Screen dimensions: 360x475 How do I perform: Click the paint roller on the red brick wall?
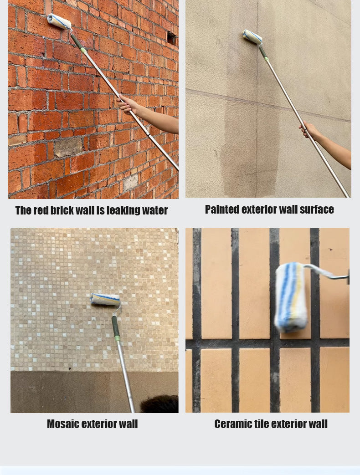click(x=59, y=21)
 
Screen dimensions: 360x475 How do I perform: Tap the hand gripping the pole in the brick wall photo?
click(x=127, y=104)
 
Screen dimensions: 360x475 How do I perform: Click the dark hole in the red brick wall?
click(x=171, y=38)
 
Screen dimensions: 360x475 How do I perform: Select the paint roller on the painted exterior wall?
click(x=252, y=36)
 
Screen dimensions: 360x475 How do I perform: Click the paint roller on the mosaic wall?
click(x=105, y=299)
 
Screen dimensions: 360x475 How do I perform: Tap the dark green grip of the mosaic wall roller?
click(x=115, y=326)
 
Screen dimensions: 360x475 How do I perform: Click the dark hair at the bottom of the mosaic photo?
click(x=159, y=404)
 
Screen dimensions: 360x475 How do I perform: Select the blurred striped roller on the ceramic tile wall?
click(x=291, y=297)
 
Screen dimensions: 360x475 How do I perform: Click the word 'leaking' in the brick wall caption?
click(x=123, y=210)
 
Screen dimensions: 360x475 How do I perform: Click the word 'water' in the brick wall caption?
click(x=155, y=210)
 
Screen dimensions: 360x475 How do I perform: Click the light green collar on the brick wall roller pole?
click(x=83, y=50)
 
